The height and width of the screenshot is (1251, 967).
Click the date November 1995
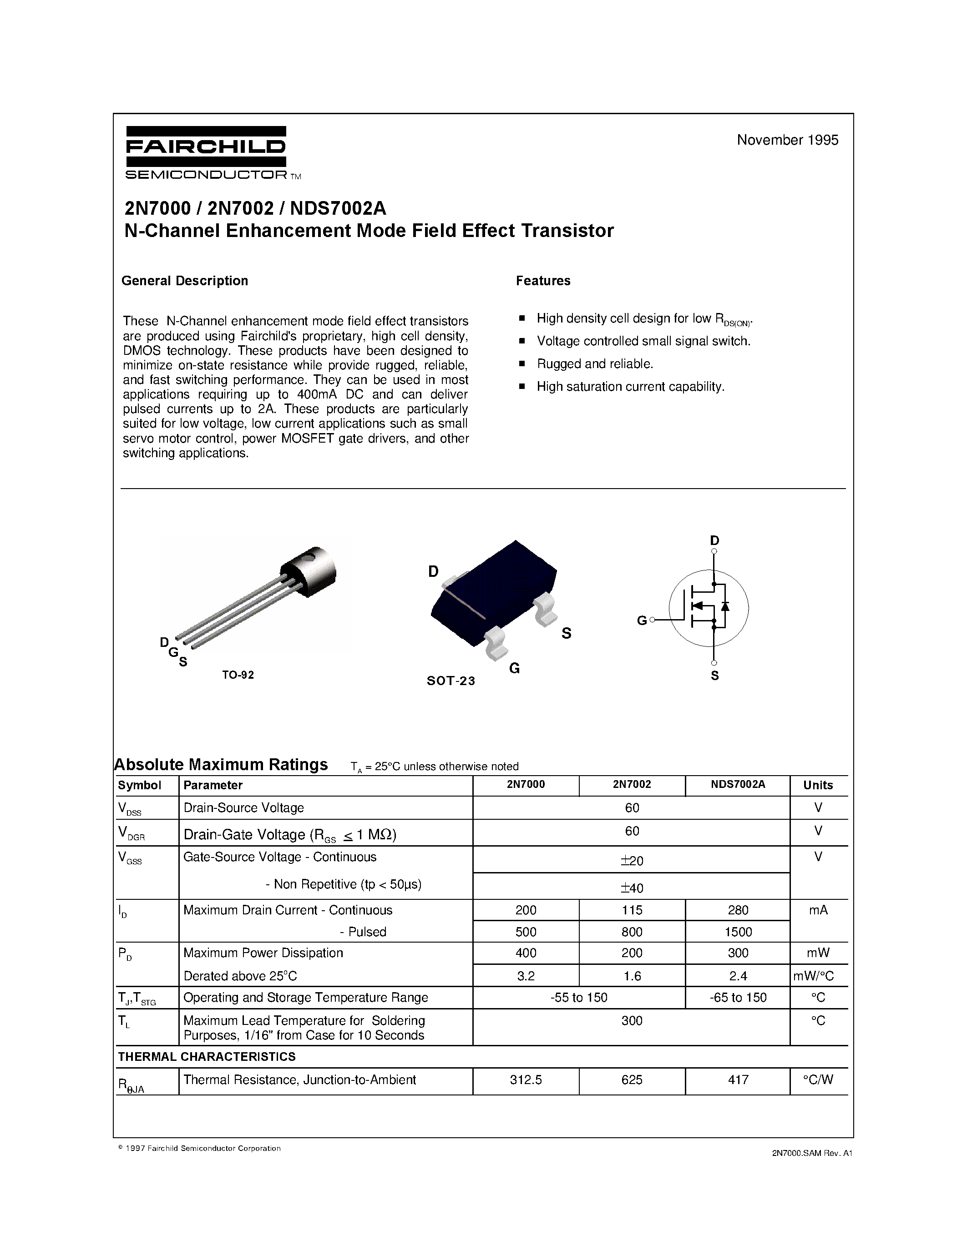pyautogui.click(x=787, y=140)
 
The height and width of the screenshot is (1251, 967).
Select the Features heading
pyautogui.click(x=542, y=281)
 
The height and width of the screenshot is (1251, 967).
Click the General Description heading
pyautogui.click(x=184, y=281)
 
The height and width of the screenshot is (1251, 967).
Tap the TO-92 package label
pyautogui.click(x=238, y=675)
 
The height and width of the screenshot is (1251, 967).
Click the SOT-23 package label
pyautogui.click(x=451, y=681)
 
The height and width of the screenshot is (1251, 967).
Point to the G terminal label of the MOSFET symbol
pyautogui.click(x=642, y=620)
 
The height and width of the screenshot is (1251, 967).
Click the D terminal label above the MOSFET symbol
pyautogui.click(x=714, y=540)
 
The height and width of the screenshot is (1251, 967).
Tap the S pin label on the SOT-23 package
pyautogui.click(x=566, y=633)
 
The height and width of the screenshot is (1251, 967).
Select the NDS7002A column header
pyautogui.click(x=738, y=784)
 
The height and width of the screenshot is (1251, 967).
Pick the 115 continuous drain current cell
pyautogui.click(x=632, y=910)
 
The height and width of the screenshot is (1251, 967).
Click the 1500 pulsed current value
pyautogui.click(x=738, y=932)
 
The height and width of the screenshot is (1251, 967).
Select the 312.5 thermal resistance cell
pyautogui.click(x=525, y=1080)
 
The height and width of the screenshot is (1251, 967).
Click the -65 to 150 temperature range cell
pyautogui.click(x=738, y=997)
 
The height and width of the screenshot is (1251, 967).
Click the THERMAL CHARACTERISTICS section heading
pyautogui.click(x=207, y=1056)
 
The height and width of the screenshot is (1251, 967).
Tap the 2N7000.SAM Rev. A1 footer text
pyautogui.click(x=812, y=1153)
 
